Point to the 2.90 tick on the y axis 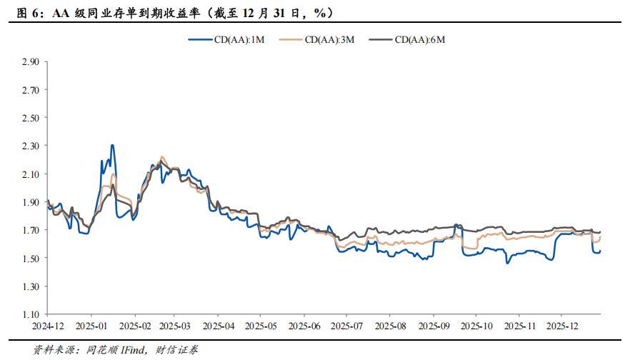click(x=30, y=61)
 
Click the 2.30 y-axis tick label click(x=30, y=146)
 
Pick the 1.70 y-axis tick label click(x=30, y=230)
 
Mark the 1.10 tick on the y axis click(x=30, y=314)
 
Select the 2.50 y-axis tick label click(x=30, y=118)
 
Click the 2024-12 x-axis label click(x=47, y=325)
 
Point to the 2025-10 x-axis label click(x=476, y=325)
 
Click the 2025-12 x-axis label click(x=562, y=325)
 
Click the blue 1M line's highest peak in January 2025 click(x=112, y=145)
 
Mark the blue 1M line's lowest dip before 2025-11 click(x=507, y=264)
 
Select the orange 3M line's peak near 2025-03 click(x=161, y=156)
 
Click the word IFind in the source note click(x=134, y=349)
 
